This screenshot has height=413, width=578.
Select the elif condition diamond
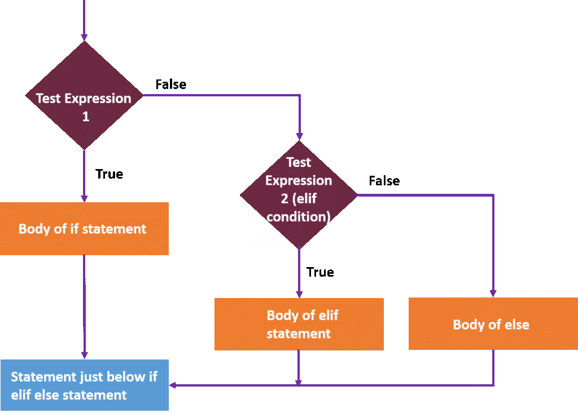299,194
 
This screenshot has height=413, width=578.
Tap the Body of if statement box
83,229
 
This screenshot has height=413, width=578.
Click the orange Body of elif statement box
299,324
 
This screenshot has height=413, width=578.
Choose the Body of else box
492,324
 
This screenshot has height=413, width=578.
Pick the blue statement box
84,385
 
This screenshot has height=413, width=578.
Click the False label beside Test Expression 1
170,85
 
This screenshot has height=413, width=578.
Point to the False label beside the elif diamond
384,181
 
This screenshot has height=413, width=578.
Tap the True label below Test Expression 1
109,174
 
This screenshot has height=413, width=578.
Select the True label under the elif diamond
320,272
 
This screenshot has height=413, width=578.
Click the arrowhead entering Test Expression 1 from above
84,37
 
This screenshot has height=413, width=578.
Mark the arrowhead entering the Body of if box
84,198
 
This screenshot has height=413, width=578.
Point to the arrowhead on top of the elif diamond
299,136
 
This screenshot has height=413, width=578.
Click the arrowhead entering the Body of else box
493,293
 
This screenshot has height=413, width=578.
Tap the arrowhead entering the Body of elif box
299,294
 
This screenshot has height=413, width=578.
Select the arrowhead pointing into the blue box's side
173,385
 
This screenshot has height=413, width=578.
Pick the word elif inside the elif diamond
318,199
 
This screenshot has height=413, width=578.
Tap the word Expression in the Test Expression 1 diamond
98,98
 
